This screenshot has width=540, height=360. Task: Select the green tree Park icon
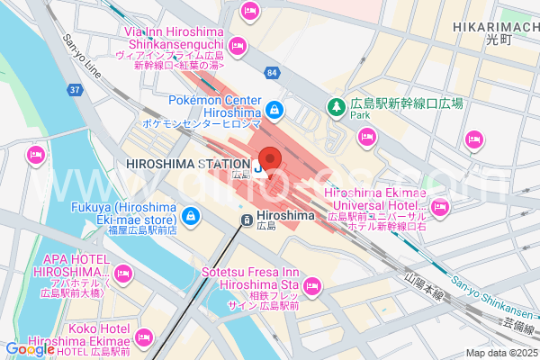pyautogui.click(x=336, y=105)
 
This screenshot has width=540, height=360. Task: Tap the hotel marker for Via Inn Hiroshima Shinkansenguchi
pyautogui.click(x=238, y=45)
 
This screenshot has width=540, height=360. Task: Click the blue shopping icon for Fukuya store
pyautogui.click(x=191, y=216)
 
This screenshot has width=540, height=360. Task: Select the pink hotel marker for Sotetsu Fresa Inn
pyautogui.click(x=312, y=287)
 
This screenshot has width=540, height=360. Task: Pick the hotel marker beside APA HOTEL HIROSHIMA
pyautogui.click(x=123, y=272)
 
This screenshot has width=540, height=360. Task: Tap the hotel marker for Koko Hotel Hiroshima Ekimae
pyautogui.click(x=142, y=337)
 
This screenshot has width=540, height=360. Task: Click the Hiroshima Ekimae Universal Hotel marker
pyautogui.click(x=439, y=208)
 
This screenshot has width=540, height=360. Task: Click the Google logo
pyautogui.click(x=30, y=350)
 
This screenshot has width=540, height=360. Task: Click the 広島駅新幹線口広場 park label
pyautogui.click(x=407, y=103)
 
